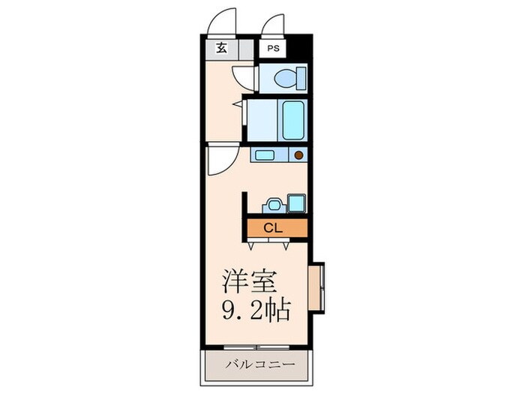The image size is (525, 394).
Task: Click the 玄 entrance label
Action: coord(221,49)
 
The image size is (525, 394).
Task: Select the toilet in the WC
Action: coord(289,77)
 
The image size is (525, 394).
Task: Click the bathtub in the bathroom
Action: coord(292,119)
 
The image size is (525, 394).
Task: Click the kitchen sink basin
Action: coord(264,156)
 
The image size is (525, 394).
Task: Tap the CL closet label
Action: coord(272,227)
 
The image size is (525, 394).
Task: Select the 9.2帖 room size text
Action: coord(255,310)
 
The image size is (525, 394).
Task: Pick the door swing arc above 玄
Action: coord(223,23)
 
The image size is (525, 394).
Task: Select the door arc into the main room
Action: coord(223,160)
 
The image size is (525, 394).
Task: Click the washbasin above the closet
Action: coord(271,203)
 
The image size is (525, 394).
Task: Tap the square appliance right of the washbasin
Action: coord(296,203)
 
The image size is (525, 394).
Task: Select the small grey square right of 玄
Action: coord(245,49)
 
